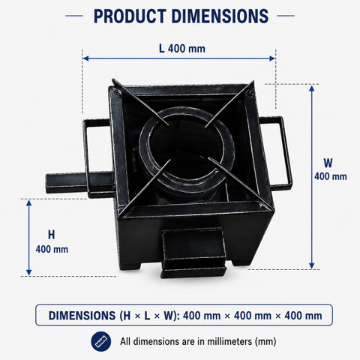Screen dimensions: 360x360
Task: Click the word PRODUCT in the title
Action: pos(130,16)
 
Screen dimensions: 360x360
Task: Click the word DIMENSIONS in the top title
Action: pos(220,16)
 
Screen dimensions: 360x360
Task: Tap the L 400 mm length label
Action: pos(182,49)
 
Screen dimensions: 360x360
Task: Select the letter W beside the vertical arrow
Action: pos(328,163)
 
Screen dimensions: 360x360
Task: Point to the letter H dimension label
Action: pos(51,235)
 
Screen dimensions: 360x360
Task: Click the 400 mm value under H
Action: pos(52,249)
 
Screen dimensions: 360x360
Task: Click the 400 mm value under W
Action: pos(331,176)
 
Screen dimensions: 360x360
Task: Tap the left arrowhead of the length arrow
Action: pos(85,58)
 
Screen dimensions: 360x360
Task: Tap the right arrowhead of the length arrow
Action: pos(272,58)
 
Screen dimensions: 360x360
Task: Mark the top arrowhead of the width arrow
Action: pos(311,88)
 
